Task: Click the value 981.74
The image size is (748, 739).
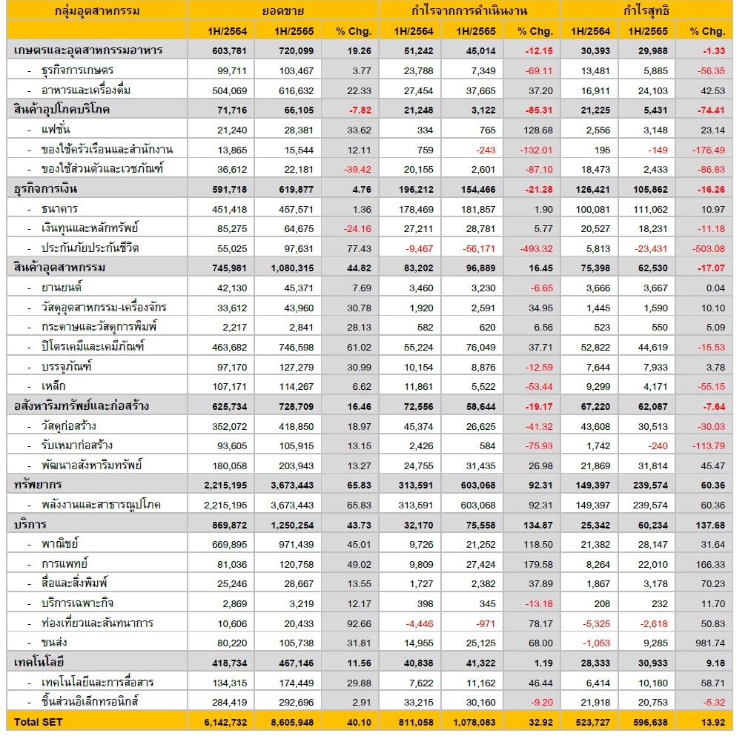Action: [x=706, y=642]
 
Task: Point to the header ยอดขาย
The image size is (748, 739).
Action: [x=282, y=11]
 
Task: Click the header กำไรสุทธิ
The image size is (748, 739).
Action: [x=646, y=11]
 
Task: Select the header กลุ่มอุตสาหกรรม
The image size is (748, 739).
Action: [x=97, y=11]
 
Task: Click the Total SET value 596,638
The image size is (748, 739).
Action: [x=648, y=720]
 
